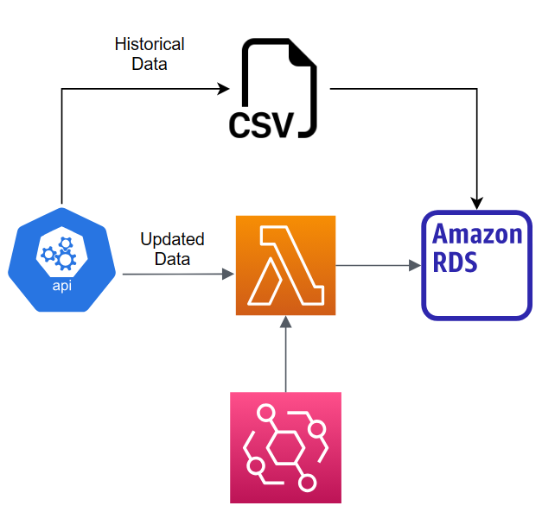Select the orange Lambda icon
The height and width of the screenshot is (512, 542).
tap(285, 265)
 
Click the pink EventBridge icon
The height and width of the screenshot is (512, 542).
tap(285, 447)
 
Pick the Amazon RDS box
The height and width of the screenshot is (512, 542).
tap(476, 265)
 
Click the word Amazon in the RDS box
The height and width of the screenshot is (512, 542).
tap(476, 234)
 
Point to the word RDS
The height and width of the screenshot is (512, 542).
tap(456, 262)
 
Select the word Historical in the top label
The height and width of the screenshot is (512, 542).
tap(150, 43)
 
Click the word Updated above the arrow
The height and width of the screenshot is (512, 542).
tap(172, 239)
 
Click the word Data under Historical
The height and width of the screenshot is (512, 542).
tap(150, 63)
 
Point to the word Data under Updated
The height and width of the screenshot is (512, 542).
tap(172, 258)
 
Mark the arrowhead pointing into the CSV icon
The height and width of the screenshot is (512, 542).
tap(224, 88)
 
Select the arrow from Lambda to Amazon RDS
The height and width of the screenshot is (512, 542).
tap(377, 266)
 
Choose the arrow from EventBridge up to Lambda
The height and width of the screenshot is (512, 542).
tap(285, 354)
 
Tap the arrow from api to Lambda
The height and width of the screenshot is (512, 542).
tap(177, 275)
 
